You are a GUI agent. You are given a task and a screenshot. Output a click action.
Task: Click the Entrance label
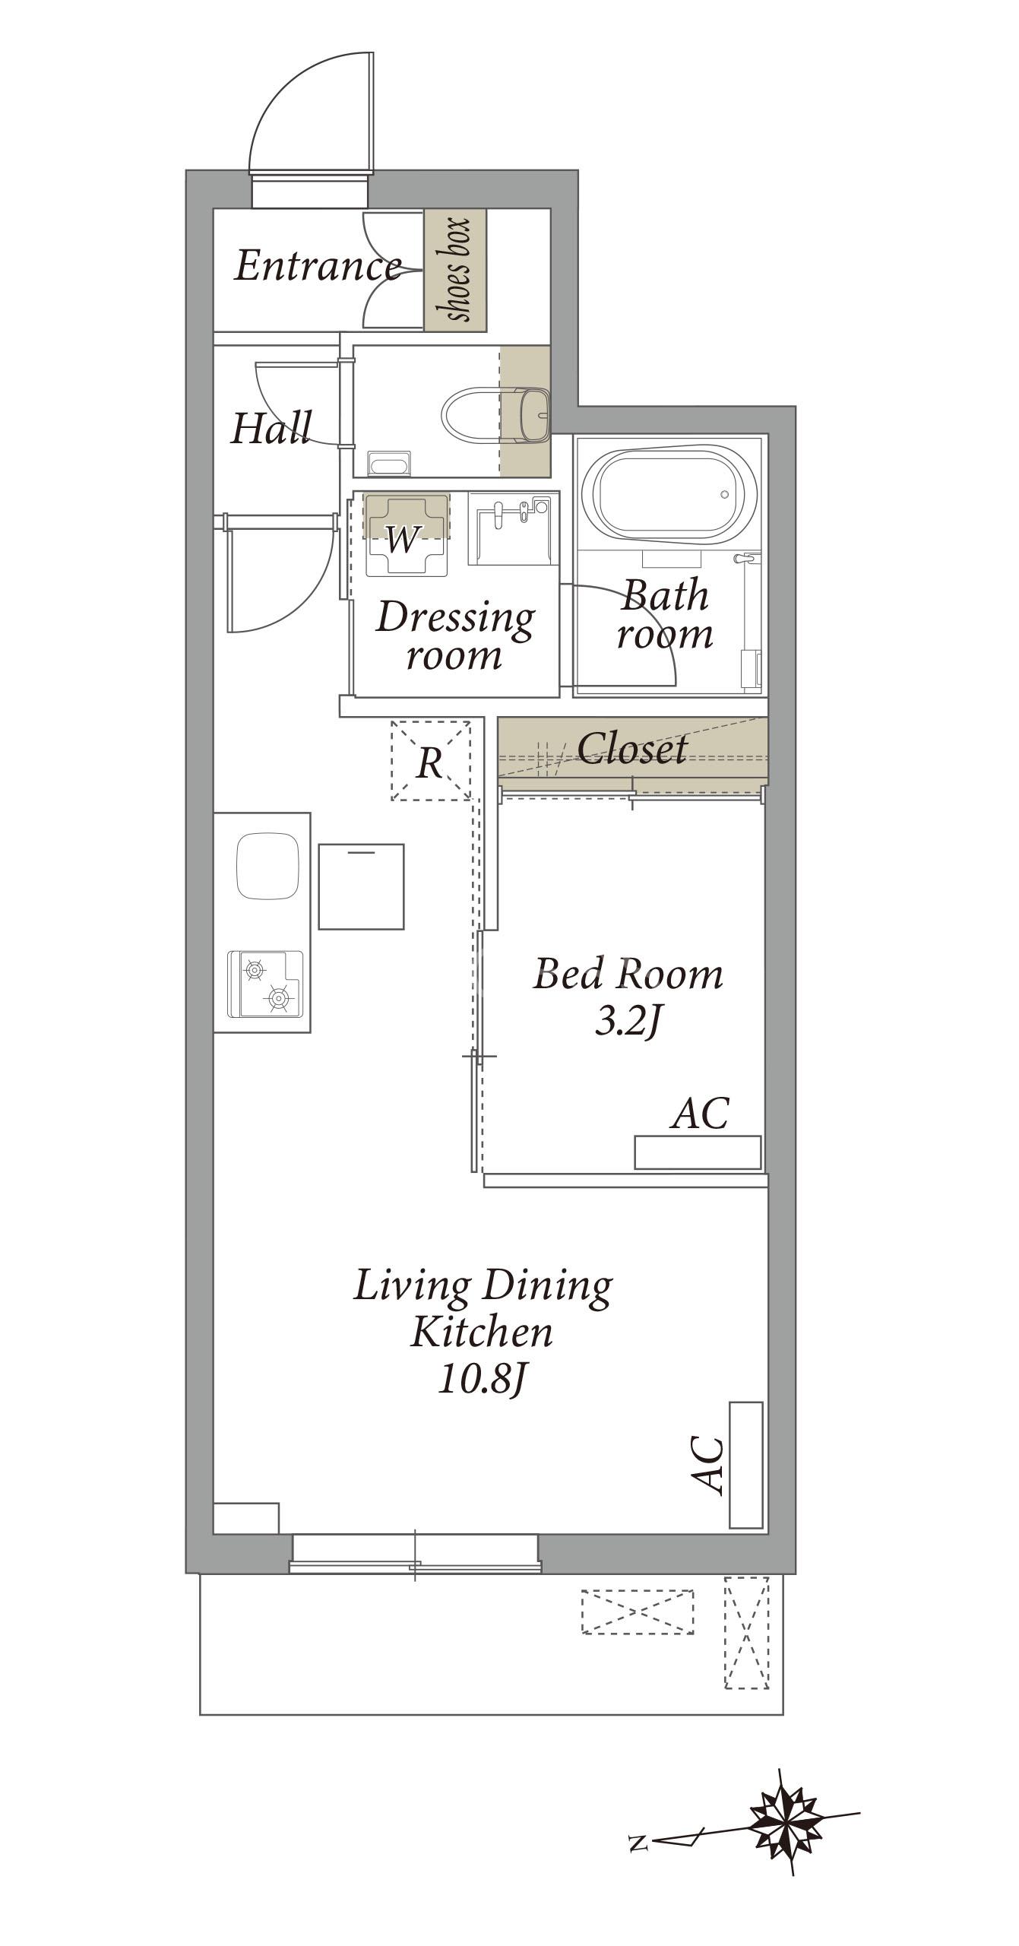coord(318,266)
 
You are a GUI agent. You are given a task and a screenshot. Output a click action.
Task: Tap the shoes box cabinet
coord(455,270)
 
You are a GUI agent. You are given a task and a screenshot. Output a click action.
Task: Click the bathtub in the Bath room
coord(668,495)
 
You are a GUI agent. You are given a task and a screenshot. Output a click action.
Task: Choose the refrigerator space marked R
coord(431,760)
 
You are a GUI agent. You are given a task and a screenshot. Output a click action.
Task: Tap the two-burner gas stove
coord(266,984)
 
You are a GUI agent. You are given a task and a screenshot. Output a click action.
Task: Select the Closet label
coord(632,748)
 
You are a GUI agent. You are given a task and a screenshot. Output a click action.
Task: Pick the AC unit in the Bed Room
coord(698,1152)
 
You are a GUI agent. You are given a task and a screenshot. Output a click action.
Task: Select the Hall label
coord(271,428)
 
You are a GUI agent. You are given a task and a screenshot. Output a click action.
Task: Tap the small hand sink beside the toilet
coord(533,414)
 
